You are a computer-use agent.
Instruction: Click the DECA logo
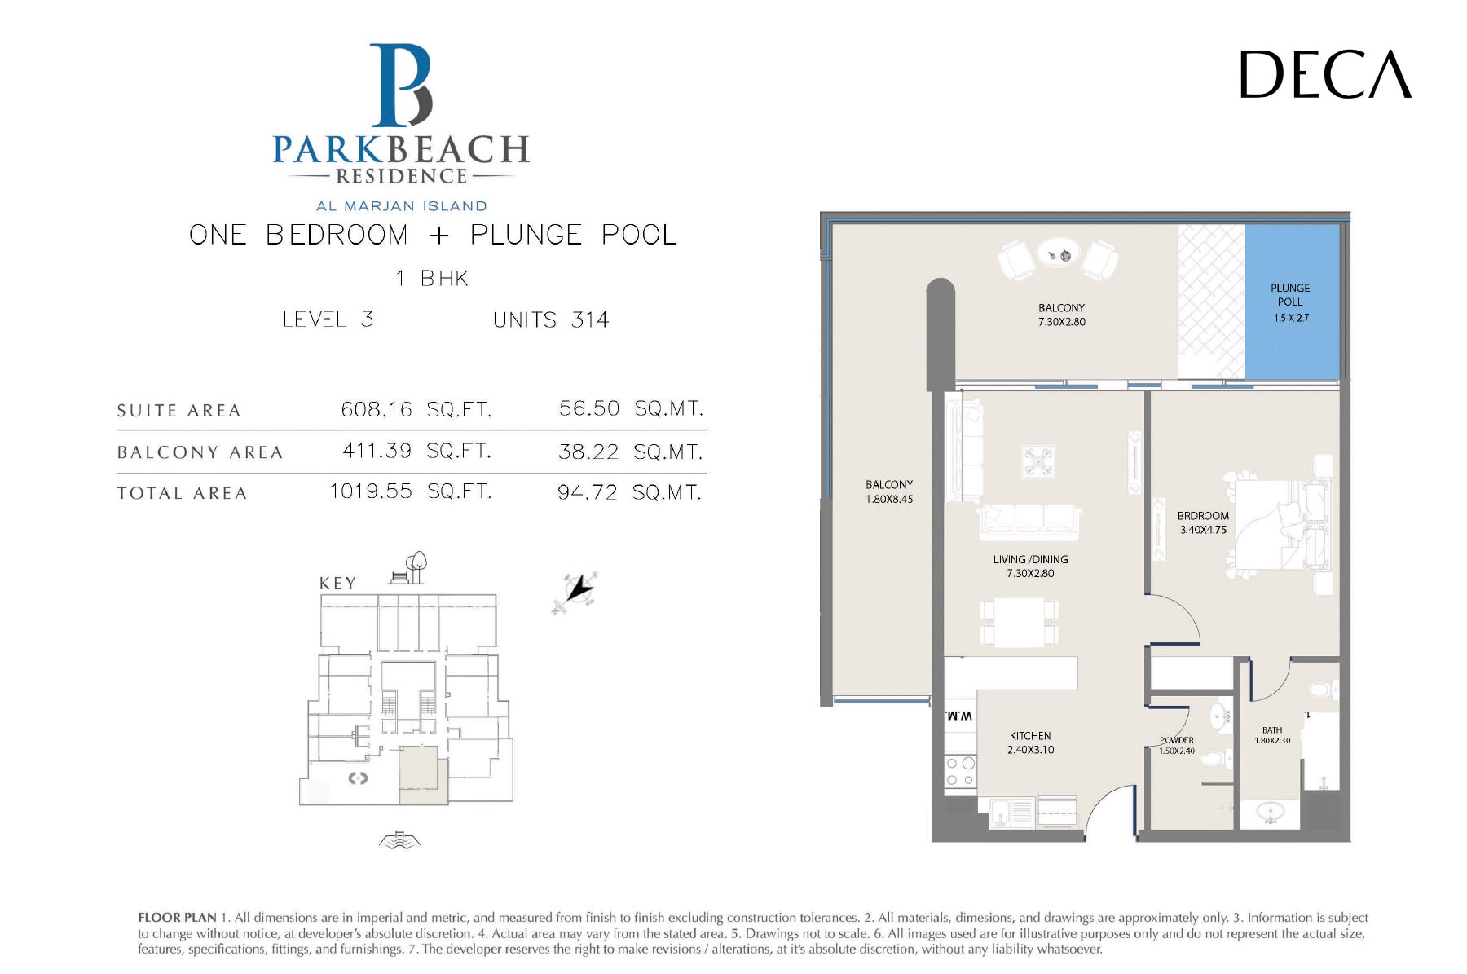point(1325,74)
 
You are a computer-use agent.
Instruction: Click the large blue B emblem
point(400,86)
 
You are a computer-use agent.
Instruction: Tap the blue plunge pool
point(1292,302)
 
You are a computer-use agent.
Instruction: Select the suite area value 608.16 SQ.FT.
point(416,409)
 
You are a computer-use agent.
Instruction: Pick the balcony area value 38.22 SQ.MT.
point(630,452)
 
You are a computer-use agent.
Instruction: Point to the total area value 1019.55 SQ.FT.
point(411,491)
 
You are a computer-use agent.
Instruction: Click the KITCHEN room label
point(1030,736)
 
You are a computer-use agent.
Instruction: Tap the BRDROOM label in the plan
point(1203,516)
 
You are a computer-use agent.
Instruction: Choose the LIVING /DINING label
point(1030,560)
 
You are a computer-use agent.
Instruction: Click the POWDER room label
point(1177,741)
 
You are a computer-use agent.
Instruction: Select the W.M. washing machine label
point(958,716)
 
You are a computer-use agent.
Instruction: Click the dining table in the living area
point(1019,623)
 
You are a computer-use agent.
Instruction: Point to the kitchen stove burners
point(960,771)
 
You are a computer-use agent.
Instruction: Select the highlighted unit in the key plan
point(423,775)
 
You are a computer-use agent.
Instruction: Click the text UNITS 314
point(551,320)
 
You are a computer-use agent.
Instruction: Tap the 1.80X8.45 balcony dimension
point(889,500)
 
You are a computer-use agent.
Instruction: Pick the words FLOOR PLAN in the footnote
point(177,918)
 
